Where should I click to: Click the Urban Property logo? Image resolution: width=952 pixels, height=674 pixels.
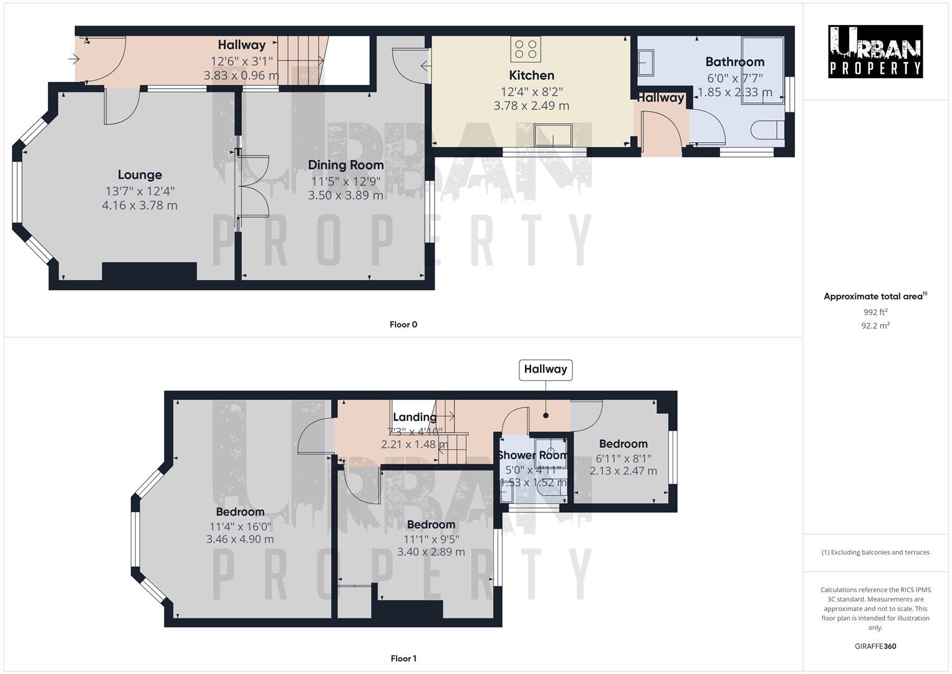(x=875, y=51)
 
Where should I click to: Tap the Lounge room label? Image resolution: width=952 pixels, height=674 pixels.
(x=140, y=175)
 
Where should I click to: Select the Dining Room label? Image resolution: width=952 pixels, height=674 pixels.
(x=345, y=165)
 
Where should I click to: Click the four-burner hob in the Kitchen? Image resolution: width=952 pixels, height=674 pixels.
(x=526, y=49)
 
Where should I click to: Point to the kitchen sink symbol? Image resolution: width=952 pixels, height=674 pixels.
(x=553, y=135)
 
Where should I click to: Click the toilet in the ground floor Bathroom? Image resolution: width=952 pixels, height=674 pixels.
(x=767, y=130)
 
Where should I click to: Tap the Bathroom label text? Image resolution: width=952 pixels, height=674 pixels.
(x=734, y=62)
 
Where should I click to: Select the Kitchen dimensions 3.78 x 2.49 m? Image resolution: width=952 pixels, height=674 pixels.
(x=531, y=105)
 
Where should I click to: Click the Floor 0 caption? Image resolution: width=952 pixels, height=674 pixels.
(x=403, y=325)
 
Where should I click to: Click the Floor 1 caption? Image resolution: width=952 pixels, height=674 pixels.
(x=403, y=658)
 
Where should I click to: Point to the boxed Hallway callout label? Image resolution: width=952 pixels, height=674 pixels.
(x=546, y=369)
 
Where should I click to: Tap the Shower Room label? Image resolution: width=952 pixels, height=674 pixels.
(x=532, y=456)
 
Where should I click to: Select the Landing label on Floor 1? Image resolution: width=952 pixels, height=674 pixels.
(x=415, y=418)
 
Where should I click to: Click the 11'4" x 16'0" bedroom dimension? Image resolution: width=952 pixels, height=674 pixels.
(x=240, y=526)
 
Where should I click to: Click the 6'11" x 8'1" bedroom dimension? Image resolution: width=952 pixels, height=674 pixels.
(x=623, y=458)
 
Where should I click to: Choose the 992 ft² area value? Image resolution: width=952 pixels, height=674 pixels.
(x=875, y=312)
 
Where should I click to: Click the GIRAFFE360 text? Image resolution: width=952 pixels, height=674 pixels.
(x=875, y=646)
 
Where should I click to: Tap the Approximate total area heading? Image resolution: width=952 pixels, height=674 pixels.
(x=875, y=296)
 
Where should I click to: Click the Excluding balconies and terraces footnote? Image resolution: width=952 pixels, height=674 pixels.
(x=875, y=552)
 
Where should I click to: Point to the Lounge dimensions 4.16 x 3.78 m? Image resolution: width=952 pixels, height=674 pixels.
(x=140, y=205)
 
